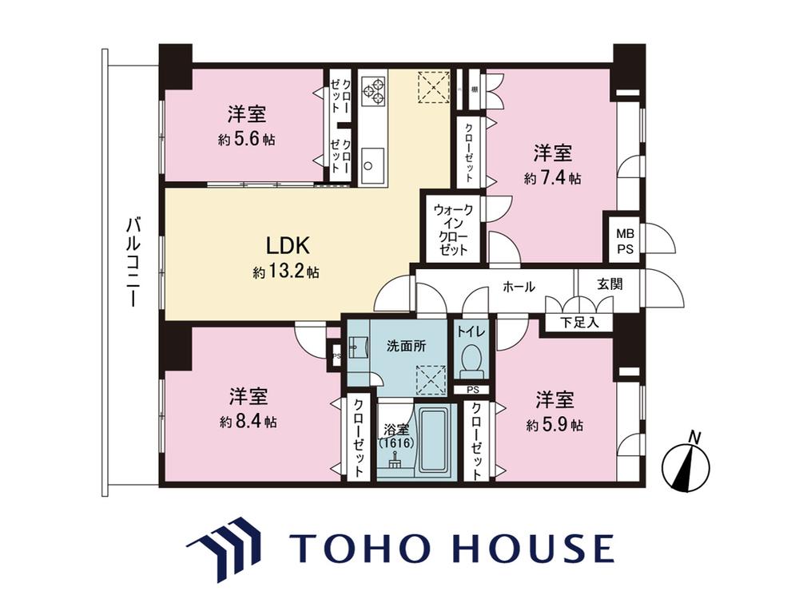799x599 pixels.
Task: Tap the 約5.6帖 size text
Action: (247, 139)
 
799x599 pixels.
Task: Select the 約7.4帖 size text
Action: (553, 178)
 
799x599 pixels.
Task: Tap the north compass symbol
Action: (686, 462)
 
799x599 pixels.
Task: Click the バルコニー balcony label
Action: (133, 262)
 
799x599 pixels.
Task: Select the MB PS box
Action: (625, 241)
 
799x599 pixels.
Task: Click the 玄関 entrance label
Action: (610, 284)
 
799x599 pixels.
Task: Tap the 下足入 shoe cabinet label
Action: (579, 322)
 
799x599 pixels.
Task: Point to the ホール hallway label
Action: (519, 286)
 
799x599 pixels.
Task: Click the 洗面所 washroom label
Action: (406, 347)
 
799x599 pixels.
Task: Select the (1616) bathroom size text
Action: (396, 443)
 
